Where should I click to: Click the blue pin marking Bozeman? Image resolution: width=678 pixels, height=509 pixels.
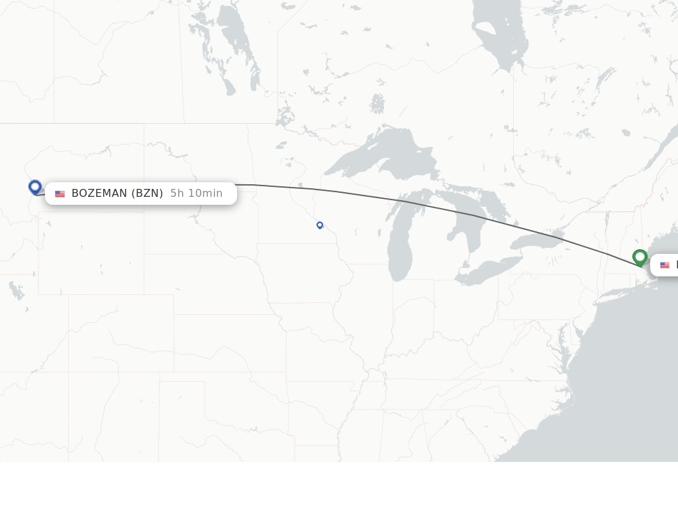(35, 187)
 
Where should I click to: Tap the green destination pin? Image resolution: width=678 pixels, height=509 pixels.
(640, 256)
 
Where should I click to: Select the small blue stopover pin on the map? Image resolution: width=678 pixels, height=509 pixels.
(320, 225)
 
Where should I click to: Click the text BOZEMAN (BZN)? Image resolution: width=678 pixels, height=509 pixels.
(117, 194)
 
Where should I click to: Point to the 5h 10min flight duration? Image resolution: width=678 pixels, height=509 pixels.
(196, 194)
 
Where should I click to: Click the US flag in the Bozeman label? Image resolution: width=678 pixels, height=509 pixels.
(60, 194)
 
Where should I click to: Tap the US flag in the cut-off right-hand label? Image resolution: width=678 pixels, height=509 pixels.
(665, 265)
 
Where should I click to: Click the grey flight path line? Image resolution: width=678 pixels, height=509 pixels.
(397, 199)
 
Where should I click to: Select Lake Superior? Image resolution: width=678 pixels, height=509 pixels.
(384, 156)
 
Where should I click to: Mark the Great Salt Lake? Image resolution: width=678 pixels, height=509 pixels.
(15, 290)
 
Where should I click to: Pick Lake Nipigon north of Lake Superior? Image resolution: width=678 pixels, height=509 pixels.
(377, 104)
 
